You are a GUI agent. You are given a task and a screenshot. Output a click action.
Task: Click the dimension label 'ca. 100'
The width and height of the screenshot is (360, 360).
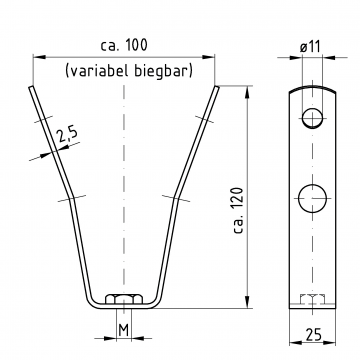[124, 45]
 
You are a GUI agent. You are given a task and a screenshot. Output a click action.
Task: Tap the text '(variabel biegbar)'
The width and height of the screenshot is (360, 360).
[129, 71]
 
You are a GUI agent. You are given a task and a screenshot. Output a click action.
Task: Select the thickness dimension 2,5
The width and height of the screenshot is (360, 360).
[67, 135]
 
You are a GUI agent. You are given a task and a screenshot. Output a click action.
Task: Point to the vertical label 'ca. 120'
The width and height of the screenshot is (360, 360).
[239, 210]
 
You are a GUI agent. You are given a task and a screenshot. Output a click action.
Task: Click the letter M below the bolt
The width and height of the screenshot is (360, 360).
[124, 330]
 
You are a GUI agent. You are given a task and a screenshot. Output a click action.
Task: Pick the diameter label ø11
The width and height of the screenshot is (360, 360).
[310, 47]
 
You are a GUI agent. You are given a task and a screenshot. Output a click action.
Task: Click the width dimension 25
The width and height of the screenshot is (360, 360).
[312, 334]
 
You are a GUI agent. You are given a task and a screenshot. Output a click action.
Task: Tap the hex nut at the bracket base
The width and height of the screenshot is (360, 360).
[124, 299]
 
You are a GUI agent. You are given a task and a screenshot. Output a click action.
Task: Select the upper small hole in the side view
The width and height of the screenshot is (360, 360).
[312, 118]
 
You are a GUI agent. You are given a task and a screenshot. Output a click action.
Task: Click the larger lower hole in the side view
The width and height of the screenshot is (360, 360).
[312, 198]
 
